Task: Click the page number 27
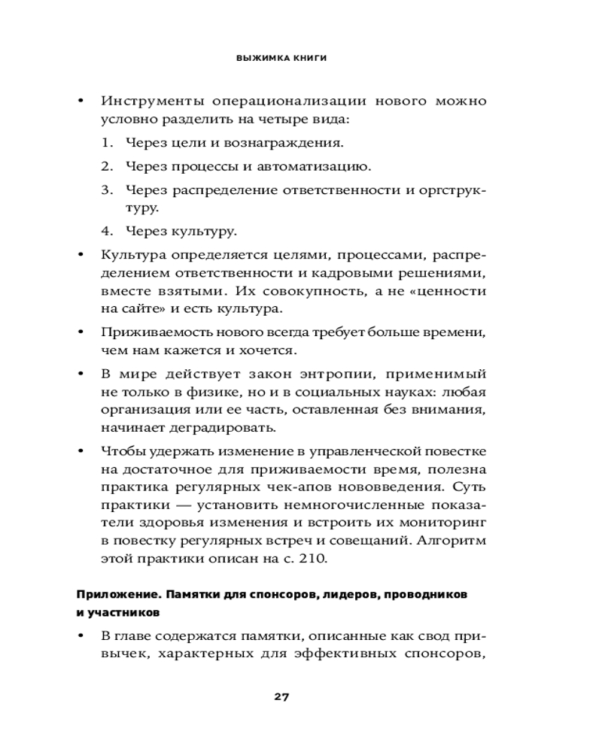(281, 696)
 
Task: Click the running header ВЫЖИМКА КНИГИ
(281, 58)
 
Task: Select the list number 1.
(107, 142)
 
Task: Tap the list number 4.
(107, 231)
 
